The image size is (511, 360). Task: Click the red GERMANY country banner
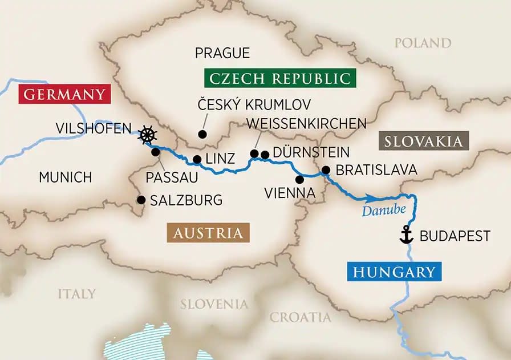[x=63, y=94]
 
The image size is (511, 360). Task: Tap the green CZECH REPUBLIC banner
[x=279, y=78]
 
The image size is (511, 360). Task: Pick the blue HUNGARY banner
[x=394, y=272]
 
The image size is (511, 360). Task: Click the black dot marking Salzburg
[x=140, y=200]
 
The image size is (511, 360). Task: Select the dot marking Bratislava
[x=326, y=169]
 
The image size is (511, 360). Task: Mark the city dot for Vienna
[x=299, y=179]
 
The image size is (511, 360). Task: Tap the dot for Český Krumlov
[x=202, y=134]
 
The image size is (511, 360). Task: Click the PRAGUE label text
[x=222, y=53]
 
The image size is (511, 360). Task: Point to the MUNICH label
[x=65, y=177]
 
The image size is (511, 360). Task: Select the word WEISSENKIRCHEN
[x=306, y=123]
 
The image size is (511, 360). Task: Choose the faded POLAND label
[x=423, y=43]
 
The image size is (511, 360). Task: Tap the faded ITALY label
[x=76, y=294]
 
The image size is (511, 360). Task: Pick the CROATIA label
[x=300, y=317]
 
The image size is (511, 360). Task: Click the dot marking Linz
[x=196, y=160]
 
